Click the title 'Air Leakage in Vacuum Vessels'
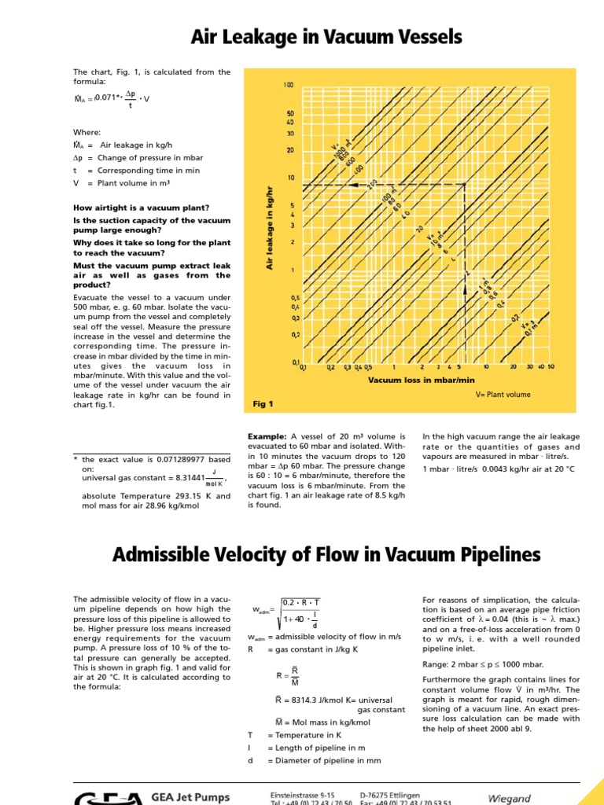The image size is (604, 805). [x=326, y=37]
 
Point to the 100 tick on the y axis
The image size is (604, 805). [x=288, y=85]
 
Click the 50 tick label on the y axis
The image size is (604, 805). [x=289, y=113]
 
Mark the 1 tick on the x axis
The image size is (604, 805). [x=394, y=366]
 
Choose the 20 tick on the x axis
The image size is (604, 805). [x=513, y=366]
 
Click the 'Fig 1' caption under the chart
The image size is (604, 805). [x=263, y=404]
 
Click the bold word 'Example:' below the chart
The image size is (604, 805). [x=267, y=436]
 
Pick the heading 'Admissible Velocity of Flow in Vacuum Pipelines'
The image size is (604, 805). [x=326, y=555]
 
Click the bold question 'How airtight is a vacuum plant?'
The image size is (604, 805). [x=141, y=208]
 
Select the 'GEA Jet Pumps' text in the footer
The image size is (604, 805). [x=193, y=797]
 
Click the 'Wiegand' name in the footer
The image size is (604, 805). [x=509, y=799]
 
